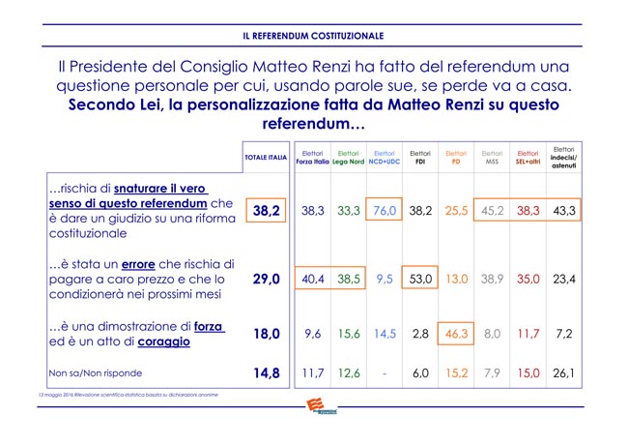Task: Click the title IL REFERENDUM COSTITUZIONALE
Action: pyautogui.click(x=313, y=36)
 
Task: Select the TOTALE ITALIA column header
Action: pyautogui.click(x=266, y=157)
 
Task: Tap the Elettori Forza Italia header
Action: pyautogui.click(x=312, y=157)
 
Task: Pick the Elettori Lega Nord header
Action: pyautogui.click(x=348, y=157)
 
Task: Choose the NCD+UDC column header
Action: pyautogui.click(x=385, y=157)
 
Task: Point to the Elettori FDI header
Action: pyautogui.click(x=420, y=157)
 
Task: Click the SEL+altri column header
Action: pyautogui.click(x=528, y=157)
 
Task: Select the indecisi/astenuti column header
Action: pyautogui.click(x=563, y=157)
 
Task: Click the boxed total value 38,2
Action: pyautogui.click(x=266, y=210)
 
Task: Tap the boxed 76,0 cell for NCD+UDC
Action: pyautogui.click(x=385, y=210)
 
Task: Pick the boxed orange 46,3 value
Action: pyautogui.click(x=456, y=333)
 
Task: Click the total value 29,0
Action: pyautogui.click(x=266, y=279)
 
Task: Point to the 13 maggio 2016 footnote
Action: pyautogui.click(x=121, y=395)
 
